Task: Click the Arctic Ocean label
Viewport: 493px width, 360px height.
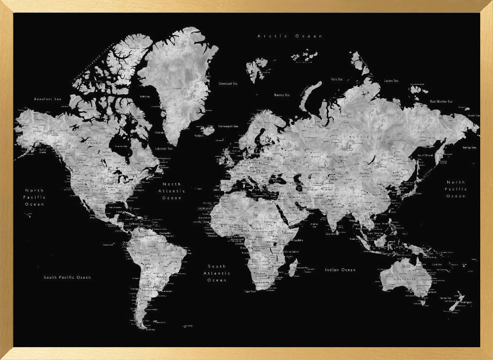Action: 290,36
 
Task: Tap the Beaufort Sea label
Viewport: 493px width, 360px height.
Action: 47,99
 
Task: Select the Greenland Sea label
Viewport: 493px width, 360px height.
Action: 228,83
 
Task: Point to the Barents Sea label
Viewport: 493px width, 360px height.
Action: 282,95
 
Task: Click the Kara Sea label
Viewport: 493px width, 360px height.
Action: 337,79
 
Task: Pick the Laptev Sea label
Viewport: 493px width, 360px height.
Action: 391,80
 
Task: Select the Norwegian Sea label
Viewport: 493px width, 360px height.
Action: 228,126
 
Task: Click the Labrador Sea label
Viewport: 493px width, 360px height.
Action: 164,148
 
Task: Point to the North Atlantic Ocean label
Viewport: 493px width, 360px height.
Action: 172,191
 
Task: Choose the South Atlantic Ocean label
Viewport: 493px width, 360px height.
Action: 217,273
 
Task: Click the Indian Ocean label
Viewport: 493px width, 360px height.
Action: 340,270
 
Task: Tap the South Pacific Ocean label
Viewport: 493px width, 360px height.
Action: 67,277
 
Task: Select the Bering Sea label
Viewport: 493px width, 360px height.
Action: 469,147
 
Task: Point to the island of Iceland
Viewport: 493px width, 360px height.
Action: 208,130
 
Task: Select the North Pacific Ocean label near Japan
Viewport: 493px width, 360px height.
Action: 456,189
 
